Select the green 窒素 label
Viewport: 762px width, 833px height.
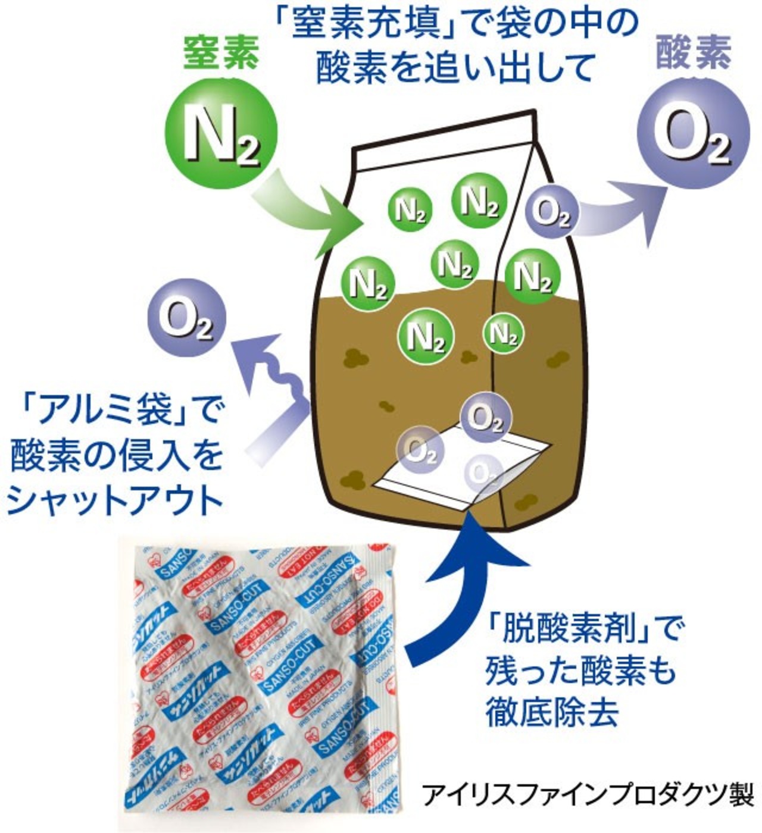coord(221,52)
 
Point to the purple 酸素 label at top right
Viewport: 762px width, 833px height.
coord(693,52)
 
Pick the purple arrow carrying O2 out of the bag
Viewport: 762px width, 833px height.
coord(619,208)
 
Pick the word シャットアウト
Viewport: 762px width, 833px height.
coord(113,500)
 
